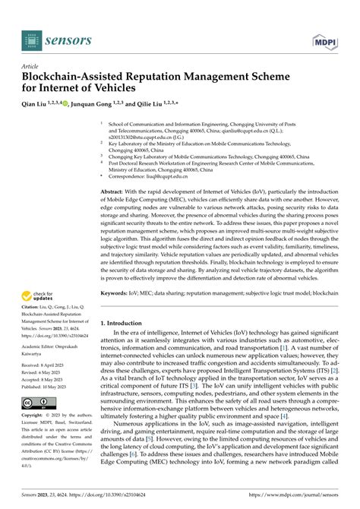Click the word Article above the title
coord(32,67)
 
